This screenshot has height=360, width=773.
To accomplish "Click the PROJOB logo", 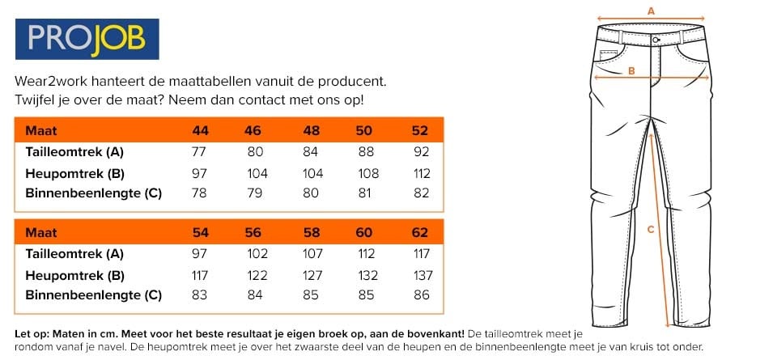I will [86, 40].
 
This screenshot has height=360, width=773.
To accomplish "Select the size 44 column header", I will [200, 130].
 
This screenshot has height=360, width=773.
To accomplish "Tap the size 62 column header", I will [419, 232].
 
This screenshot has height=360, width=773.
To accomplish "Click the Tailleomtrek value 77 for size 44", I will [200, 151].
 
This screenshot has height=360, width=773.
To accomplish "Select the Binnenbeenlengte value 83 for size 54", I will [200, 295].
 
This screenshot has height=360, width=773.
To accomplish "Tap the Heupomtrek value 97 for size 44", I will [200, 173].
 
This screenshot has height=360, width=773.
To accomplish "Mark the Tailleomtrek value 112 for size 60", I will [365, 253].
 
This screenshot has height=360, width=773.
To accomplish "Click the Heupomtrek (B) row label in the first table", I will [74, 173].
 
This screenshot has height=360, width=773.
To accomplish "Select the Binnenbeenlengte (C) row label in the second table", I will [93, 295].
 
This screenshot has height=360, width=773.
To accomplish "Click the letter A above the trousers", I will [652, 11].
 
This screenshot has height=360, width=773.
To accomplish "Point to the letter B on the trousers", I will [631, 71].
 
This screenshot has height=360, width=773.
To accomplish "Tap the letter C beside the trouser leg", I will [650, 229].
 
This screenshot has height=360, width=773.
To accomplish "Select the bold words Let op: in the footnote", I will [32, 333].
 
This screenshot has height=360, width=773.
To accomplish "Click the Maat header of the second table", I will [41, 232].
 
